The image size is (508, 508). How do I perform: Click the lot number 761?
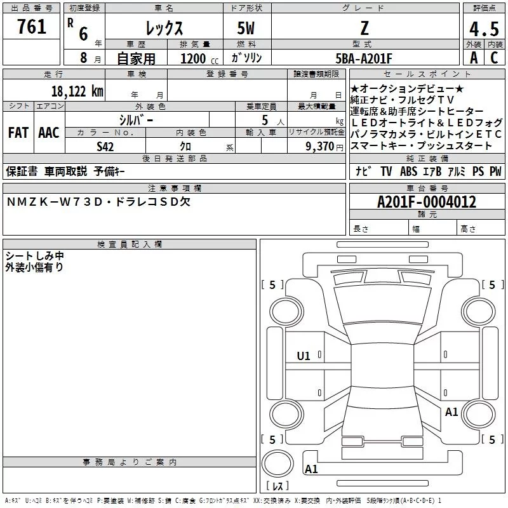32,27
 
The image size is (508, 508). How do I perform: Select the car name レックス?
164,29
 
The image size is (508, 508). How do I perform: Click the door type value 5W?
247,29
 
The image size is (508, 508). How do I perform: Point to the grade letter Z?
364,28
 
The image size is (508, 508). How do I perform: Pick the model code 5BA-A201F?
364,58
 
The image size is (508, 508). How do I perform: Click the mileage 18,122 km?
77,91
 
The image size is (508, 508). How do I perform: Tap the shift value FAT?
18,133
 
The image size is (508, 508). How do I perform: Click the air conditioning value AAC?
48,133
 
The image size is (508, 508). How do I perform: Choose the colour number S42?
105,147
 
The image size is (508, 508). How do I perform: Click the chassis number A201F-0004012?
427,203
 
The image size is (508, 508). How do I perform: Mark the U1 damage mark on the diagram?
304,356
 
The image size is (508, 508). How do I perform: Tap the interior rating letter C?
495,58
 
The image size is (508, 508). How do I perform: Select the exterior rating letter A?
473,58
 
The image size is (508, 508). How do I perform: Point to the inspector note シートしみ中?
35,256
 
